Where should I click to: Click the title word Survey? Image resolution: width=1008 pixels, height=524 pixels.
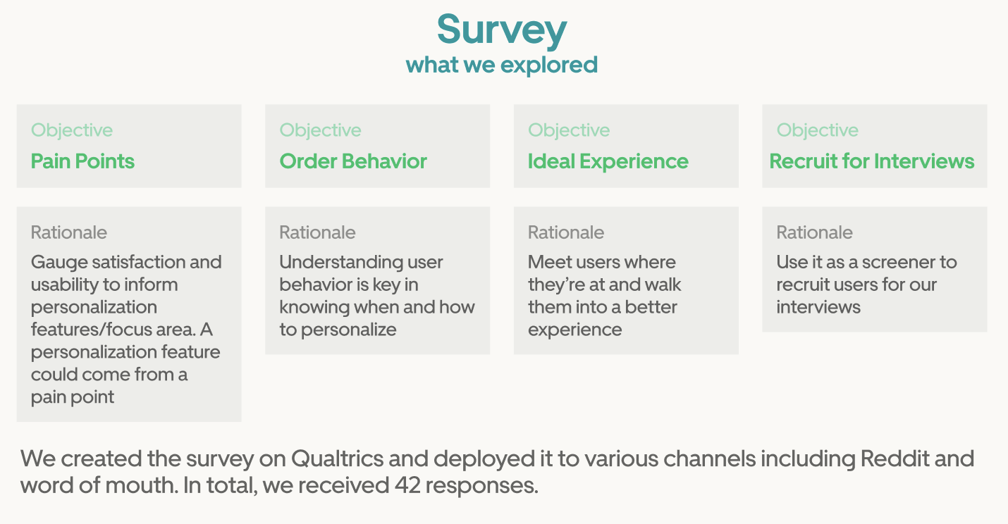(x=502, y=30)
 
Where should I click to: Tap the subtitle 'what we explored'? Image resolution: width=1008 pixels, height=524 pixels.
(x=502, y=65)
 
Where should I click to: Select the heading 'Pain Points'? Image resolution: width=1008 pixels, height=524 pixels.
(x=82, y=161)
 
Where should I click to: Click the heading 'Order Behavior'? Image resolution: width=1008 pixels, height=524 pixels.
(x=353, y=161)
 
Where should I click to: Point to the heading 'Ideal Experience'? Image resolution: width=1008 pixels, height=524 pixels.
(x=608, y=161)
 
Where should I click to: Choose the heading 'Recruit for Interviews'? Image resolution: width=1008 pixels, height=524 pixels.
(x=872, y=161)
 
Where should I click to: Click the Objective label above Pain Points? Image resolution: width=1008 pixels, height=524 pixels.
(x=72, y=130)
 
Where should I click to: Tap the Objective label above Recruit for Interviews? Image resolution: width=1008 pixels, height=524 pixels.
(x=818, y=130)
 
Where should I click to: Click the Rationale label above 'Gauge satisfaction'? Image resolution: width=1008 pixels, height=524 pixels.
(x=69, y=232)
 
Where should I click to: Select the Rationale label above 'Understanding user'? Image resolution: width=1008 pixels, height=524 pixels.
(x=318, y=232)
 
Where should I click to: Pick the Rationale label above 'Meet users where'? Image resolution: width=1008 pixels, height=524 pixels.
(x=566, y=232)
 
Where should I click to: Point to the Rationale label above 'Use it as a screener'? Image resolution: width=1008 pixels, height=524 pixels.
(x=814, y=232)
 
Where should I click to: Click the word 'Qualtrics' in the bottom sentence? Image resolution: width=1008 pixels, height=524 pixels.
(x=338, y=458)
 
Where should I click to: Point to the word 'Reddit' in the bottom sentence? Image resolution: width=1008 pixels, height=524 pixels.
(x=895, y=458)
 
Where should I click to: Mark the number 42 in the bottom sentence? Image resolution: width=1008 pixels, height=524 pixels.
(x=407, y=485)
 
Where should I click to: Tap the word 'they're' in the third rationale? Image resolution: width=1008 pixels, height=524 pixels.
(x=554, y=285)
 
